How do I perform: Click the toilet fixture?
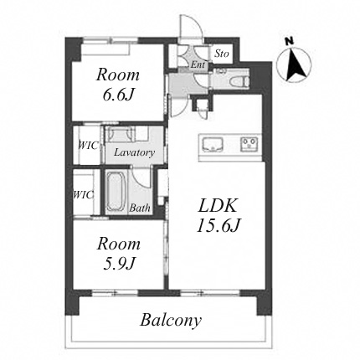[x=239, y=81]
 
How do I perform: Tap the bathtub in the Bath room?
[x=115, y=191]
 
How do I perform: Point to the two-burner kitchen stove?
[x=249, y=144]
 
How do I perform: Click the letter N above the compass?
[x=290, y=42]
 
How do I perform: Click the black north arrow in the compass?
[x=296, y=64]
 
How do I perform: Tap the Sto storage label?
[x=221, y=54]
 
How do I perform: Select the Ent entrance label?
[x=198, y=65]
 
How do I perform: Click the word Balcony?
[x=171, y=321]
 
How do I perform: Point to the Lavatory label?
[x=134, y=152]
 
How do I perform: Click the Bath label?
[x=140, y=208]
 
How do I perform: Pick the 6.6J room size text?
[x=117, y=95]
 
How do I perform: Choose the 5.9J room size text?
[x=119, y=263]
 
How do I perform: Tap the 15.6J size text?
[x=219, y=226]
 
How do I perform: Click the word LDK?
[x=218, y=206]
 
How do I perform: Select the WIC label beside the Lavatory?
[x=88, y=146]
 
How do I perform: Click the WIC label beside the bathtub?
[x=83, y=194]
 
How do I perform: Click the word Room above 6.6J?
[x=118, y=75]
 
